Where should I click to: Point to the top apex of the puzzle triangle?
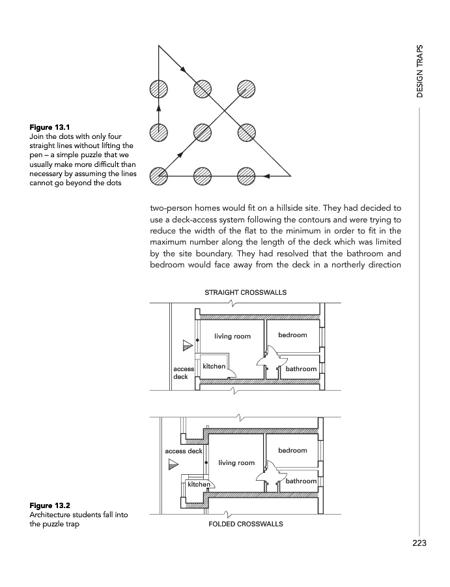pos(158,46)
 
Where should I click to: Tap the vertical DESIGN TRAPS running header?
pos(420,71)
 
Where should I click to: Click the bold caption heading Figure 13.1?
pos(49,127)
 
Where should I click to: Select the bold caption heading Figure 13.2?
pos(49,505)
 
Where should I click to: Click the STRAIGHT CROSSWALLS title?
pos(246,292)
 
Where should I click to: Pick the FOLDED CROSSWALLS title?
pos(246,524)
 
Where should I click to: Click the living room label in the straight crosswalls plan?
pos(232,337)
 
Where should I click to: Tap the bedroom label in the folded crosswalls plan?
pos(292,450)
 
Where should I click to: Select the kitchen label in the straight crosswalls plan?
pos(214,366)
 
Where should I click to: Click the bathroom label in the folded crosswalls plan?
pos(301,481)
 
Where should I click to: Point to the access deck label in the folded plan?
pos(184,451)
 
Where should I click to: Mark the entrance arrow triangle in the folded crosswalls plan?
pos(173,464)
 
